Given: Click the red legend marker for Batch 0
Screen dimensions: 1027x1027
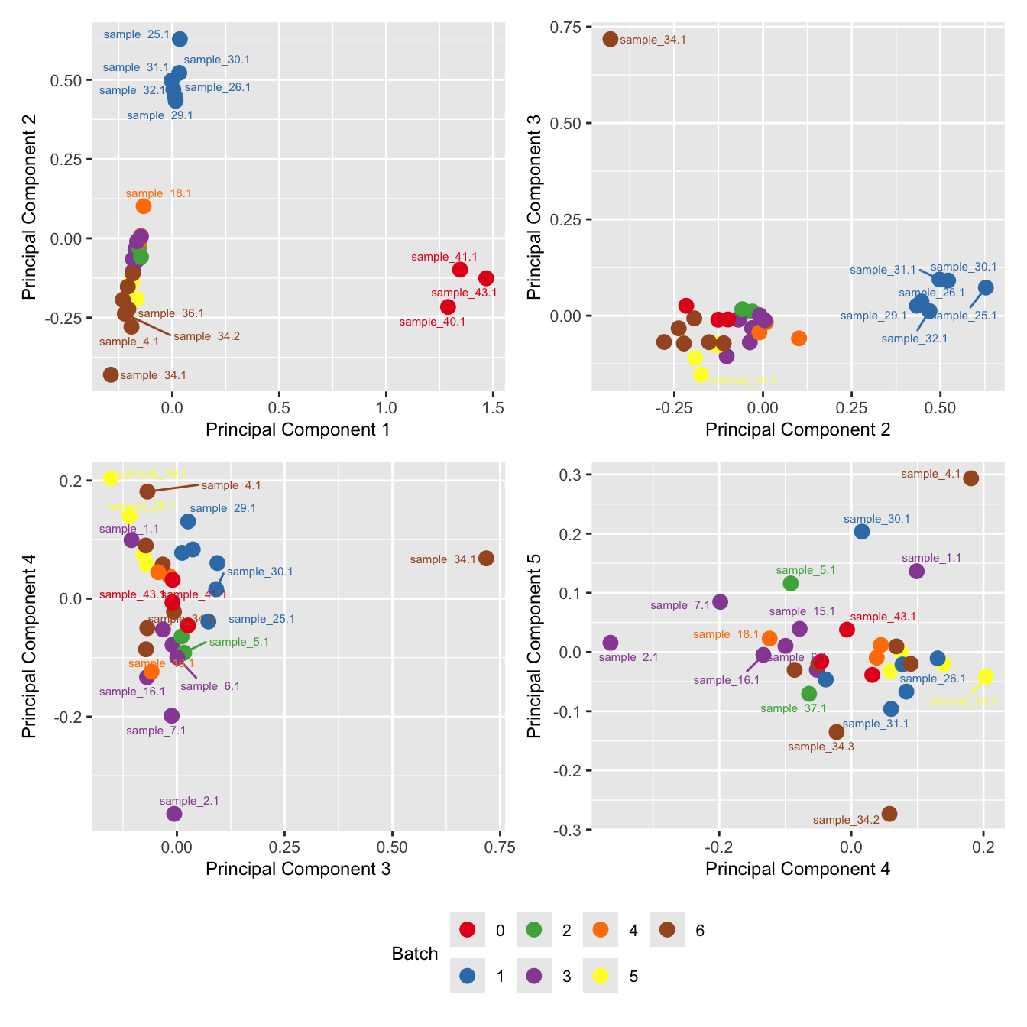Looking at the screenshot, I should (x=468, y=930).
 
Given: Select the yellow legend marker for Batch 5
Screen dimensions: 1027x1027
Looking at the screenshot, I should (x=601, y=976).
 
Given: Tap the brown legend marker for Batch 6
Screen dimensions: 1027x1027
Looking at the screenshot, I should (x=667, y=930).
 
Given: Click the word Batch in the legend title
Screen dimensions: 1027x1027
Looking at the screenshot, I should (x=414, y=954).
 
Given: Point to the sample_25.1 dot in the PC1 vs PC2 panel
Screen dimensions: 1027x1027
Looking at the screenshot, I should (x=180, y=39).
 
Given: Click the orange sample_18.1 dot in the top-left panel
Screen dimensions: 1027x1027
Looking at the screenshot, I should (x=144, y=206).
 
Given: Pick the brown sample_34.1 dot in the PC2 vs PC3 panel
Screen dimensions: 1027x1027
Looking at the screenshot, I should (x=610, y=39).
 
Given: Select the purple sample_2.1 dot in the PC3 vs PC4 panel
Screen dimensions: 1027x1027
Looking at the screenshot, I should (x=174, y=814).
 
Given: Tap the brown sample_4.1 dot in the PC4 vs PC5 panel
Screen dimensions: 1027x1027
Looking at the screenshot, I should (x=971, y=478).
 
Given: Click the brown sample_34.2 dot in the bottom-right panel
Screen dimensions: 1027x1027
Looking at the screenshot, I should (x=889, y=814).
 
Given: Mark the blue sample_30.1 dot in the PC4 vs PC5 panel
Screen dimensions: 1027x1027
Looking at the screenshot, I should (x=862, y=532).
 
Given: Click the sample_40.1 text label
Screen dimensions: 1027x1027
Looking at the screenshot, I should (x=433, y=322).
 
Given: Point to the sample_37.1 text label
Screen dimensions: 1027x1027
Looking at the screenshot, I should (x=793, y=708).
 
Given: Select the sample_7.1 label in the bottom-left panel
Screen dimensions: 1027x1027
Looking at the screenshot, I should (x=156, y=731).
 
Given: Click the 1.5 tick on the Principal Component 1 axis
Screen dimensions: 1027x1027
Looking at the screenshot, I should (x=494, y=408).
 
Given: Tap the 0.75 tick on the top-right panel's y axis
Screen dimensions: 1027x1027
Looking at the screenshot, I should (x=567, y=28).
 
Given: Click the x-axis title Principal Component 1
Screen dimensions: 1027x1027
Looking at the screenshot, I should (x=298, y=429).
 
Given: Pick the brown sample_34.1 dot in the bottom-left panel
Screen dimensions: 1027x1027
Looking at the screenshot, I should (x=486, y=559).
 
